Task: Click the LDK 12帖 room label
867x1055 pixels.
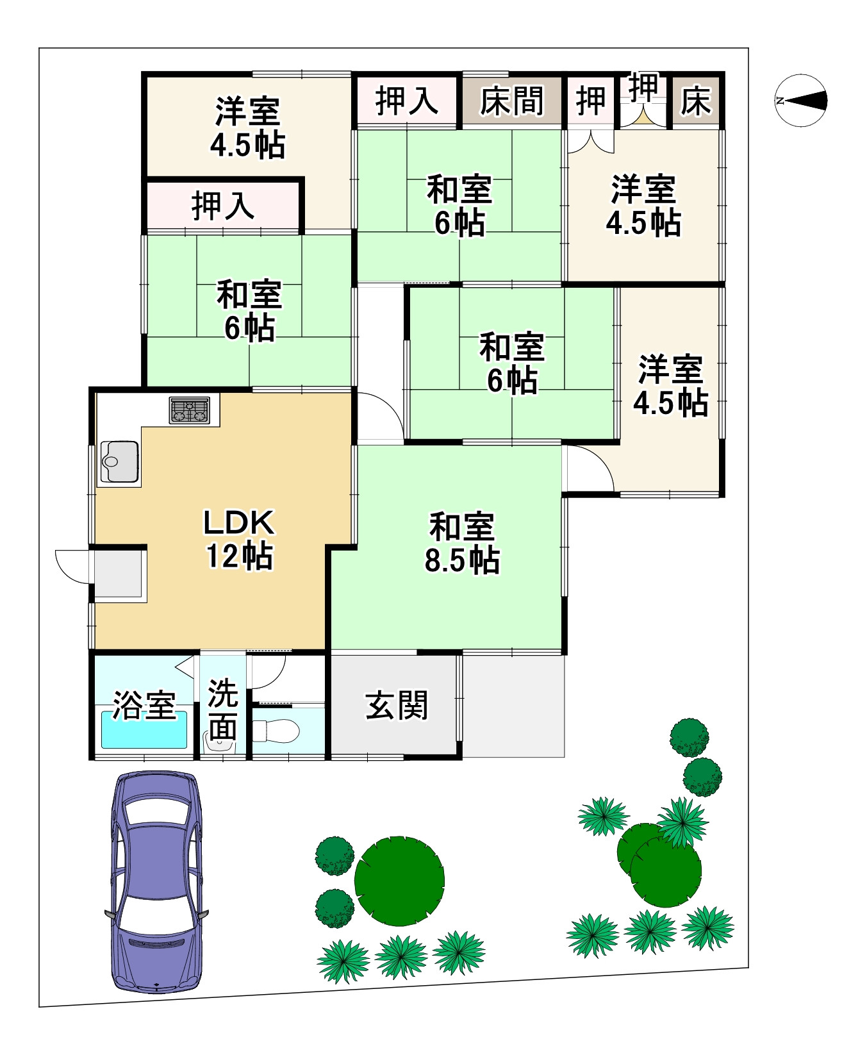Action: [x=239, y=539]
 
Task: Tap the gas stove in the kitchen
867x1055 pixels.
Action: [x=190, y=410]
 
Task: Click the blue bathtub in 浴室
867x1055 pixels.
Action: [x=145, y=731]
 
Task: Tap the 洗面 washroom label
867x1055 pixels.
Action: [x=222, y=710]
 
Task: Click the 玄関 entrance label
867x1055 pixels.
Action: [x=397, y=705]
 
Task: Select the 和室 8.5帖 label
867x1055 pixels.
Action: [x=462, y=544]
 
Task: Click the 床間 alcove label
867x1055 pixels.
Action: [x=511, y=101]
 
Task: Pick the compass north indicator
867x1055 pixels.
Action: [x=800, y=101]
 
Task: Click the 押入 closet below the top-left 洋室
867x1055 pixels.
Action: [x=223, y=206]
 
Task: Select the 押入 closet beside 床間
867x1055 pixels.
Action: [x=406, y=101]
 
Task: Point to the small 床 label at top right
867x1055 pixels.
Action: [x=696, y=101]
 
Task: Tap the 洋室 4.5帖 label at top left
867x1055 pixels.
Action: [x=247, y=128]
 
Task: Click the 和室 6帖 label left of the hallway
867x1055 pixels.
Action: [x=249, y=311]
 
